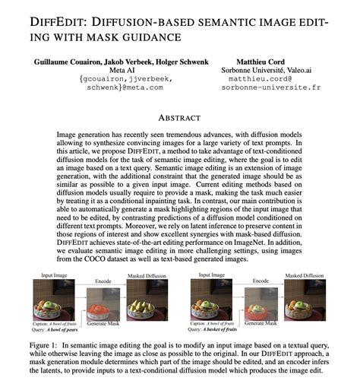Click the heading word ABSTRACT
click(180, 118)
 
